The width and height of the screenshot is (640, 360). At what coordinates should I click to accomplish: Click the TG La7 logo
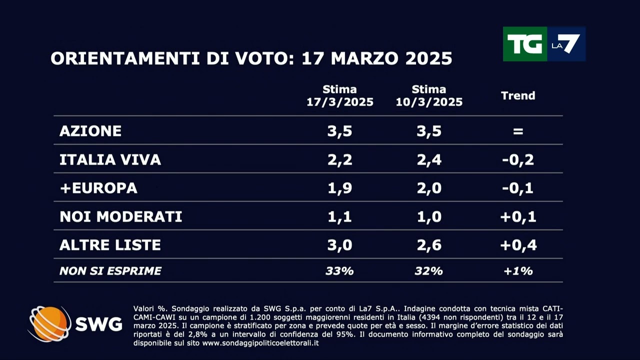pos(544,44)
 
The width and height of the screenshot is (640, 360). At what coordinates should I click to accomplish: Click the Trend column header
pos(518,95)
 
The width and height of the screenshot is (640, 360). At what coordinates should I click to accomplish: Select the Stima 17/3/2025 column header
pos(340,95)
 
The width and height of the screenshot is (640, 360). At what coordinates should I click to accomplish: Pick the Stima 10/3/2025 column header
pos(429,95)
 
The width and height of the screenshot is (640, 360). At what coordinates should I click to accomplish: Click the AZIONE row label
pos(90,131)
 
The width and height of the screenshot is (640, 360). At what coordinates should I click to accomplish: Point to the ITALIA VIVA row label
pos(110,159)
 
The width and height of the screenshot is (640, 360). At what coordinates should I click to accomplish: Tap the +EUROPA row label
pos(98,188)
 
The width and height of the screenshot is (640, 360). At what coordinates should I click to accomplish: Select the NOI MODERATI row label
pos(120,216)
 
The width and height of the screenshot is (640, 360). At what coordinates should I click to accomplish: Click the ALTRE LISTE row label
pos(110,245)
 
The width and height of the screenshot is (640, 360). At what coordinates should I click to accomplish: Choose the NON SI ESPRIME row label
pos(110,271)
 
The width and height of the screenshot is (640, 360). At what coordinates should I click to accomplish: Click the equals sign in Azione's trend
pos(518,131)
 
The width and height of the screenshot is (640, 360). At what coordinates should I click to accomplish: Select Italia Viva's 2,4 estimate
pos(429,159)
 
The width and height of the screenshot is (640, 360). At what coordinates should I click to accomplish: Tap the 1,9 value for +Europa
pos(340,188)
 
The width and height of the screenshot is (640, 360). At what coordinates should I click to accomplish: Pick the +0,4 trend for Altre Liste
pos(518,245)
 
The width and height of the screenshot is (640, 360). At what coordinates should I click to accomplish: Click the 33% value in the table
pos(340,271)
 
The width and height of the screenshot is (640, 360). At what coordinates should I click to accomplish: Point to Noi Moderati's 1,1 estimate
pos(340,216)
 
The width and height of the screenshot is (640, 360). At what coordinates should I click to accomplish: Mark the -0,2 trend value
pos(518,159)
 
